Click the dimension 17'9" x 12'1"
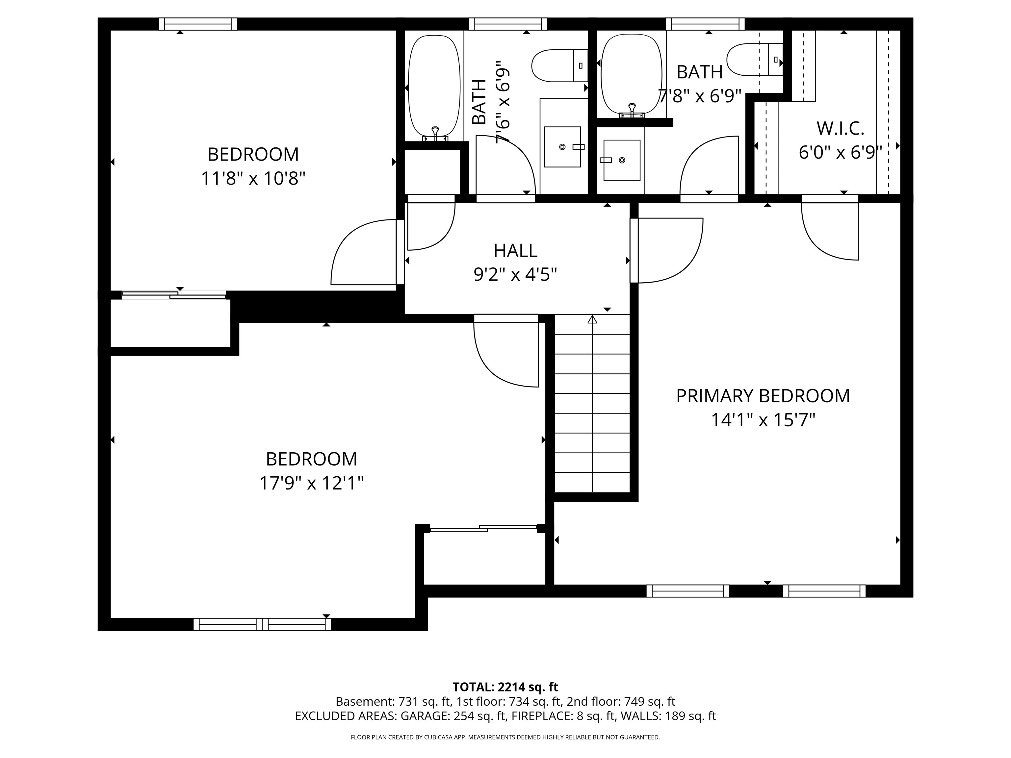pos(311,483)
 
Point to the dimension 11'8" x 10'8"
pos(253,178)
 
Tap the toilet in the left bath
pos(558,66)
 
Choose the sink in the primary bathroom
pos(622,160)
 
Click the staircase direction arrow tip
pos(592,318)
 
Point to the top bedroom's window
pos(198,24)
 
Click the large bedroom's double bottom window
pos(262,624)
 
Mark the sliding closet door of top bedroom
pos(174,295)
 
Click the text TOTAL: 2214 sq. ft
pos(505,687)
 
